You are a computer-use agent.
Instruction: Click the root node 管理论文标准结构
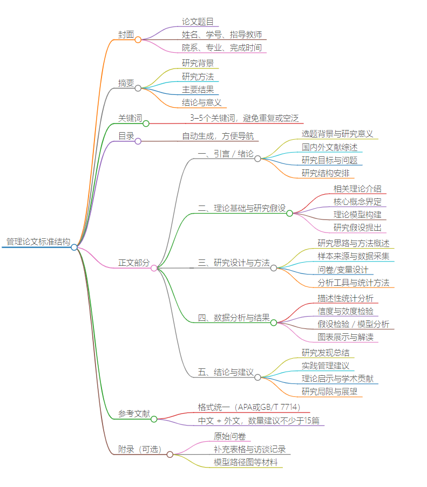pos(38,242)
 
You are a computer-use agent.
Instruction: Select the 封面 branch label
pos(126,35)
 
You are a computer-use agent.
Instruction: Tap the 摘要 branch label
pos(126,83)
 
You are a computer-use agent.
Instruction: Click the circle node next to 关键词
pos(146,124)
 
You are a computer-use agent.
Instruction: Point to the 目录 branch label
pos(126,136)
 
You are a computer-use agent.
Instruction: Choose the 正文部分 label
pos(134,263)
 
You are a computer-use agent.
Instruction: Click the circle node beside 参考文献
pos(154,419)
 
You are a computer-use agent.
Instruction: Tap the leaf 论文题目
pos(198,22)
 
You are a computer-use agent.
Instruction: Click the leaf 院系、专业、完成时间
pos(221,47)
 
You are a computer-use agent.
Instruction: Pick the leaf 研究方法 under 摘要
pos(198,77)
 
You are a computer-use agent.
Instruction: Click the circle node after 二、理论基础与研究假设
pos(289,214)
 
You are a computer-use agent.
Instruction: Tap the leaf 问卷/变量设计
pos(343,270)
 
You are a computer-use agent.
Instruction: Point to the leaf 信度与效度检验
pos(345,311)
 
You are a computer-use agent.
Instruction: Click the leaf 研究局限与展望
pos(329,392)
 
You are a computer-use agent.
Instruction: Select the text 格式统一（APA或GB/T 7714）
pos(249,407)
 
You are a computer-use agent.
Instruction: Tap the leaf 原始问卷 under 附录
pos(229,436)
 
